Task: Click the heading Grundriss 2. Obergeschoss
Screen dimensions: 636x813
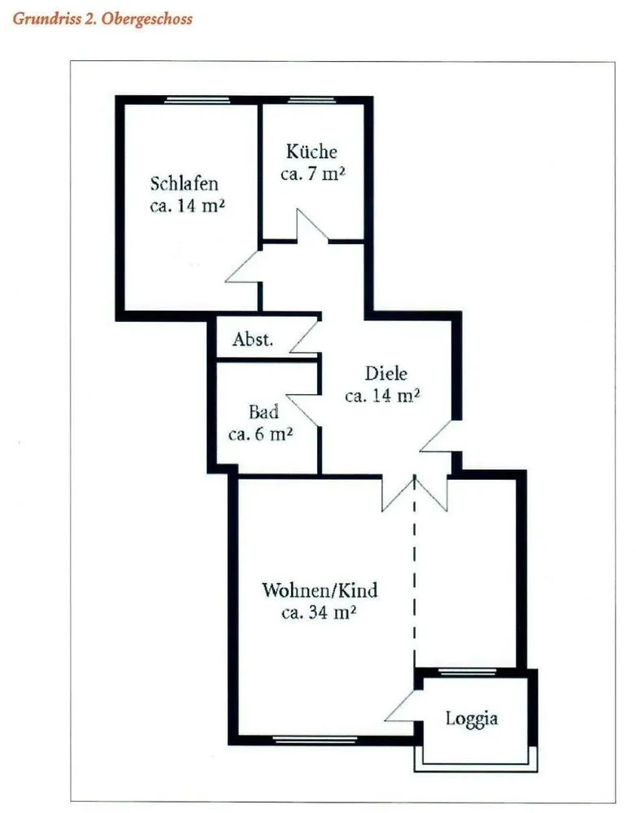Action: (102, 20)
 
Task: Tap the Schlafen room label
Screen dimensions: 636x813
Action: (184, 184)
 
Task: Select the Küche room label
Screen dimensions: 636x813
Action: (311, 151)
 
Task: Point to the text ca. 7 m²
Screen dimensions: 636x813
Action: (313, 174)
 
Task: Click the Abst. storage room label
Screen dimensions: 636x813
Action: (253, 339)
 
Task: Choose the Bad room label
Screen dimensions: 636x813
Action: (264, 411)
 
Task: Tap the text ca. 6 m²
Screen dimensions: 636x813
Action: (260, 433)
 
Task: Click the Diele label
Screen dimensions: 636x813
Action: (386, 373)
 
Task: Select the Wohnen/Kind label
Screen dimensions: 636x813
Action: (320, 590)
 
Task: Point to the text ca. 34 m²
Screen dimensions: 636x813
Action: (319, 612)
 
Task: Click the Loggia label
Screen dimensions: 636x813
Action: (472, 719)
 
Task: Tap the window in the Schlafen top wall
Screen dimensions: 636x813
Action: (197, 100)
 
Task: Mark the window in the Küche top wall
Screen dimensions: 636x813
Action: (311, 100)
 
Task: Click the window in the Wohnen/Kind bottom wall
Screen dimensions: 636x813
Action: (315, 740)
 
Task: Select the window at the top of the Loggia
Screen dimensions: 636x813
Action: (468, 672)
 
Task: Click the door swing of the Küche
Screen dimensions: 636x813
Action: (312, 225)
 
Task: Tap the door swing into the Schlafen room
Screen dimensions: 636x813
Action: (242, 267)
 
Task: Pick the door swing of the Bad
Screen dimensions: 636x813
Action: (303, 411)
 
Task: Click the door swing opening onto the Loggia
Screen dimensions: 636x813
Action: (400, 705)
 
